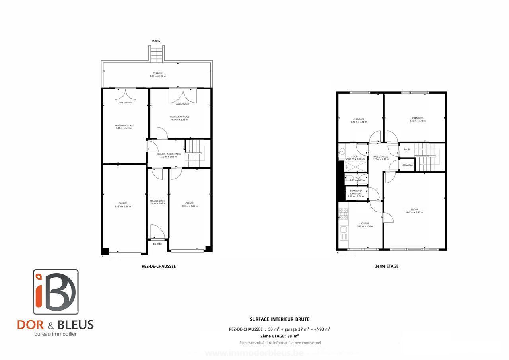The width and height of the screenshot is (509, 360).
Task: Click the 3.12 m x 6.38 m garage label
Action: coord(122,205)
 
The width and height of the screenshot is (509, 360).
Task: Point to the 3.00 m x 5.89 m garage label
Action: coord(189,205)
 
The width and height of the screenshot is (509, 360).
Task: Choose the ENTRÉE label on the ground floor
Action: coord(157,243)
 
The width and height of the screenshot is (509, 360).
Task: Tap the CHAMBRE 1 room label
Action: coord(418,119)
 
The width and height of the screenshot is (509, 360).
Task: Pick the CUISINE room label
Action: coord(365,225)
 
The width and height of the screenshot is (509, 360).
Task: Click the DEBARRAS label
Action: coord(407,165)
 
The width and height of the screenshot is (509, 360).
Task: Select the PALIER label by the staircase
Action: coord(407,150)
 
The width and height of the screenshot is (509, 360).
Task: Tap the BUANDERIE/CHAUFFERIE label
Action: coord(356,193)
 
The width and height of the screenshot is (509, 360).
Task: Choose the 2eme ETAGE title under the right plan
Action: coord(387,267)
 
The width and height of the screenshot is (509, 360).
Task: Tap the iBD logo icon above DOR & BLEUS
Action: coord(55,292)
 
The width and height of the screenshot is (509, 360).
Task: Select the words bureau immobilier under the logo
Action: coord(55,334)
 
